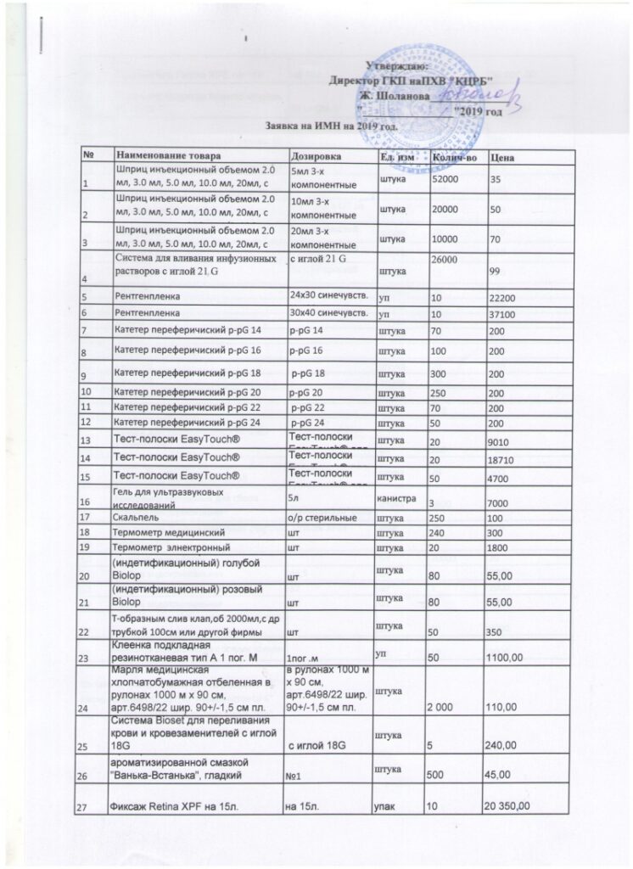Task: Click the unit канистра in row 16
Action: tap(395, 498)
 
